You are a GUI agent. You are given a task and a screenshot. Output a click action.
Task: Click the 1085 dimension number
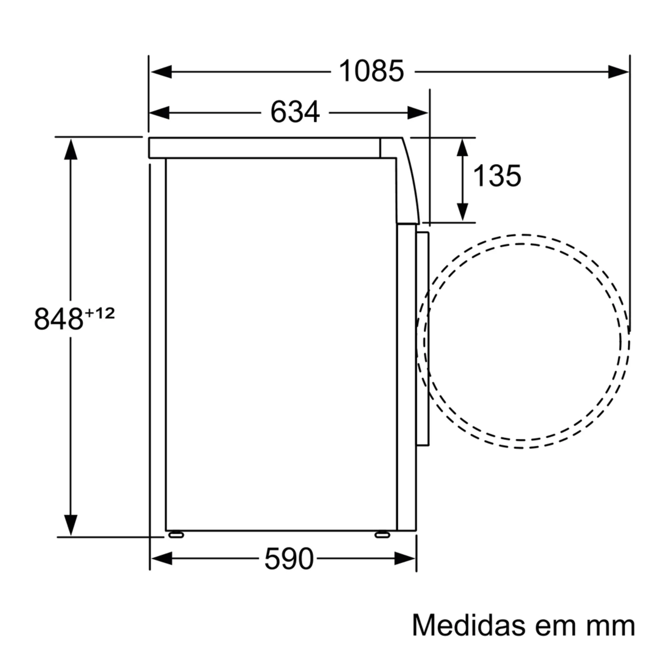(x=371, y=71)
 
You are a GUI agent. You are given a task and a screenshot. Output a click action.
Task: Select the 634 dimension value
(x=295, y=112)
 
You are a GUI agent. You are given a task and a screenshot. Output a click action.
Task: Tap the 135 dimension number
(x=497, y=175)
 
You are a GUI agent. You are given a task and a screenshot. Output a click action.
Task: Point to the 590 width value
(x=289, y=559)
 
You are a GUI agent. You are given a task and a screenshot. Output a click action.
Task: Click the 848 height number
(x=58, y=319)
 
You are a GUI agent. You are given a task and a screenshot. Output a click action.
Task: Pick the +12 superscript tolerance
(x=100, y=313)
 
